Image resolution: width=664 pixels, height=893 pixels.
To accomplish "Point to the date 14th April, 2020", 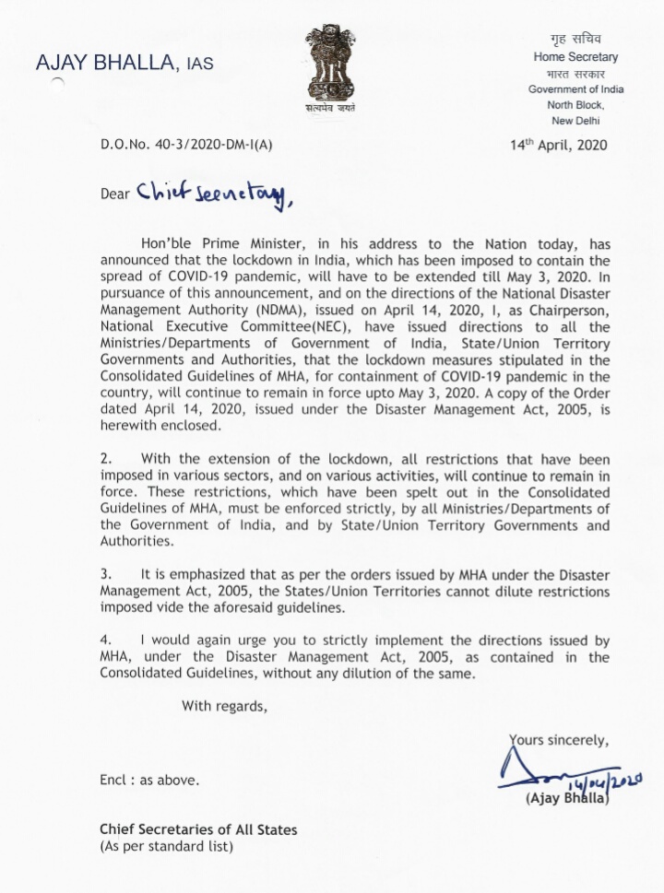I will point(559,145).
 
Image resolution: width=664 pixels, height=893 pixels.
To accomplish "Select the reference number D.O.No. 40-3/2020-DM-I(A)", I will point(187,145).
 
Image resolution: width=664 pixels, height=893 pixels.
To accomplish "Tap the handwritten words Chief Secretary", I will point(213,192).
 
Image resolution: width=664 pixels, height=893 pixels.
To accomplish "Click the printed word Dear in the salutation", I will point(115,194).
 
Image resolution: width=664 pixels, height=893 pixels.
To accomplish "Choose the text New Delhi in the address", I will point(575,121).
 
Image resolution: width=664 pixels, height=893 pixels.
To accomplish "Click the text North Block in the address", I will point(575,105).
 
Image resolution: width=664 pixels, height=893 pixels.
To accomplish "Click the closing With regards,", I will point(225,707).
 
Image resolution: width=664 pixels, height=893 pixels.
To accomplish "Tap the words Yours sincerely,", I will point(559,739).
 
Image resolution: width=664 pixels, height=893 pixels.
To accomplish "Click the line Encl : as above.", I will point(148,780).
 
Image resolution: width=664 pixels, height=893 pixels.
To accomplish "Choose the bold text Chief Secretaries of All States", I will point(198,829).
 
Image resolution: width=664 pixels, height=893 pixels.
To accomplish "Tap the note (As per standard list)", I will point(166,846).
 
